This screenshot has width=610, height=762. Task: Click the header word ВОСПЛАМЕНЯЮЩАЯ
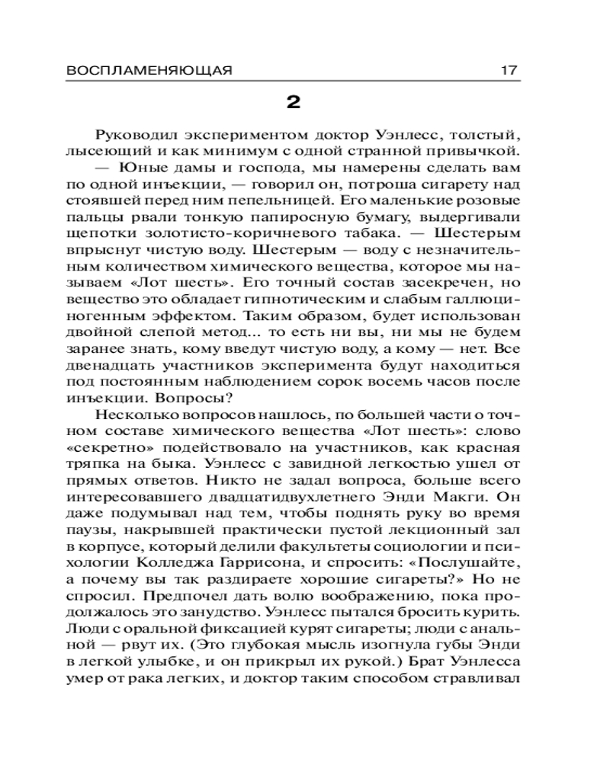coord(149,70)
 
